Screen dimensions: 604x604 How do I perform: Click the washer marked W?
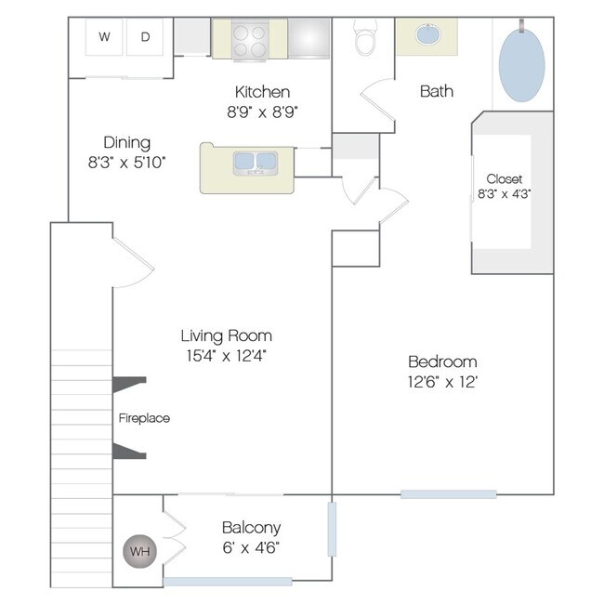coord(104,37)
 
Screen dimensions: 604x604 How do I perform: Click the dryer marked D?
coord(145,37)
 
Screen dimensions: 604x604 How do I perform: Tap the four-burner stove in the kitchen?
coord(250,41)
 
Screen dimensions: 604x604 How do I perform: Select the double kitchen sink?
coord(255,164)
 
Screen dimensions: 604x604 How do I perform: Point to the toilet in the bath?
coord(365,37)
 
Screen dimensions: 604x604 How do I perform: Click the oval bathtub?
coord(522,65)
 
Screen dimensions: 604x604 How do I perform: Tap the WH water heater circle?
coord(139,551)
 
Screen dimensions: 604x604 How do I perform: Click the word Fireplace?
coord(144,418)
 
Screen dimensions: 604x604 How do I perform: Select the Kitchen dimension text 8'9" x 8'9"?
coord(262,112)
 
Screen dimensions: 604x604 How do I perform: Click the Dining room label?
coord(126,143)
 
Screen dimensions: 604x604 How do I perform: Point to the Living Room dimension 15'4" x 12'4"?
coord(226,356)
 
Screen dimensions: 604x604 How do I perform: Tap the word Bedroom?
coord(442,362)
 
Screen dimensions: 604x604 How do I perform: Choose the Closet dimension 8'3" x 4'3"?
coord(505,194)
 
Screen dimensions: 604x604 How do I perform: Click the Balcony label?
coord(252,528)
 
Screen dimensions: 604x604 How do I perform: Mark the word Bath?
coord(437,91)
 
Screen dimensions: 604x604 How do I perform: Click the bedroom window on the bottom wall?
coord(449,494)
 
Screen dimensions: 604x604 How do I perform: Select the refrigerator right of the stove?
coord(309,38)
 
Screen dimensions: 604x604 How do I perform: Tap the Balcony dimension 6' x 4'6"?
coord(251,547)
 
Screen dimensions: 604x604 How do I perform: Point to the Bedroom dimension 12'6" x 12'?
coord(442,382)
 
